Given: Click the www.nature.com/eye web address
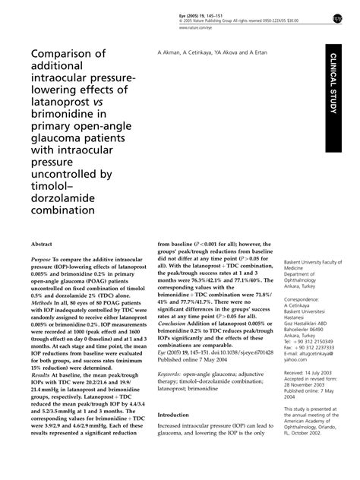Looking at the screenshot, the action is [x=197, y=27].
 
